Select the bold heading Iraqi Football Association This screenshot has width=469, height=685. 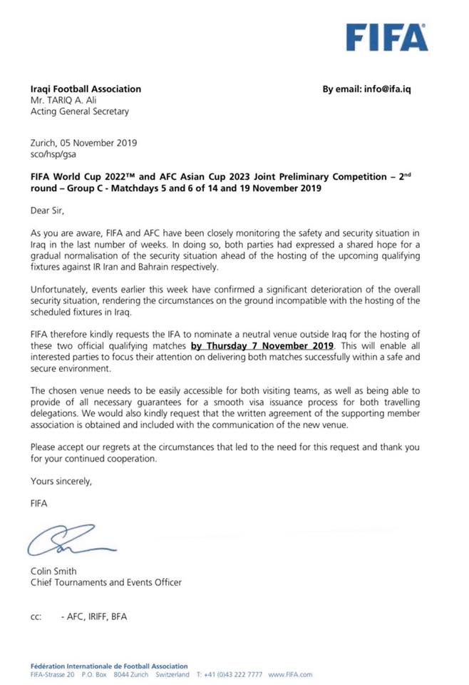coord(86,89)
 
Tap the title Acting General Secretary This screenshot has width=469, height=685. coord(79,111)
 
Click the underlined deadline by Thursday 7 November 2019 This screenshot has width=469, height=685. coord(262,345)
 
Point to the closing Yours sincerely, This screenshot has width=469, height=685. coord(62,482)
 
